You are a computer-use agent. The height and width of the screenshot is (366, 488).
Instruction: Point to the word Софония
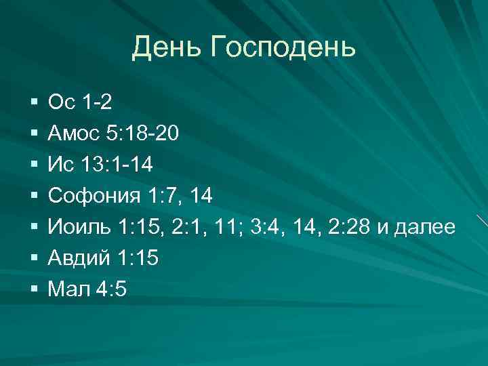click(94, 197)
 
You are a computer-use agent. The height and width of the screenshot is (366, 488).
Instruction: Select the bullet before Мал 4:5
click(34, 290)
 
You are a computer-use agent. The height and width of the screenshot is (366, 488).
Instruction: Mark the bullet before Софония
click(34, 197)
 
